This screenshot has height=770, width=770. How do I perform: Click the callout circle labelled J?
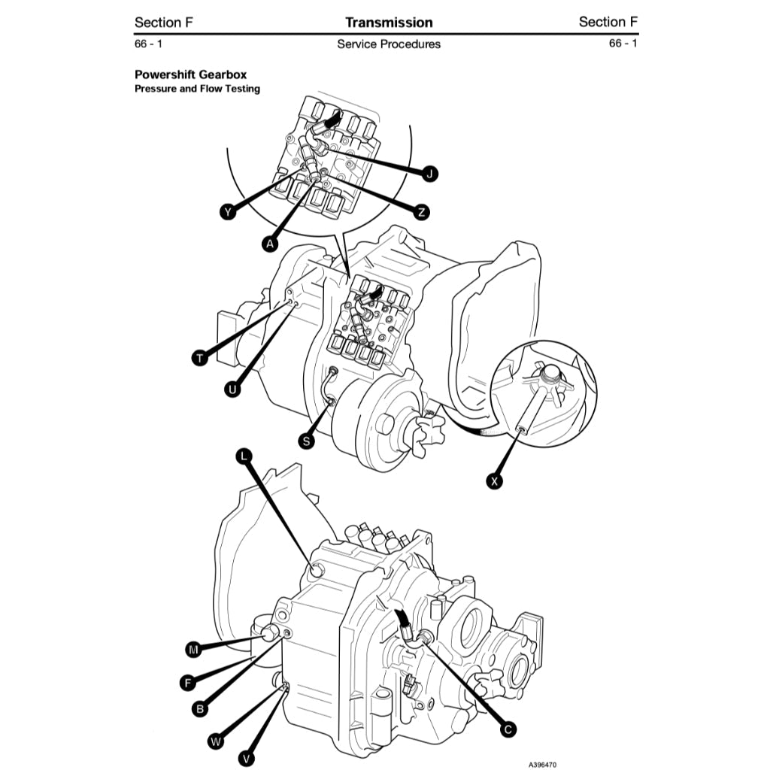429,174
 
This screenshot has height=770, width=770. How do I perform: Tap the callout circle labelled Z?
422,212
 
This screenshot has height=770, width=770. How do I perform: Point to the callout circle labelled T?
199,358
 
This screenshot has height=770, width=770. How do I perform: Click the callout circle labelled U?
233,389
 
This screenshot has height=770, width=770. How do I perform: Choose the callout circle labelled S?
306,441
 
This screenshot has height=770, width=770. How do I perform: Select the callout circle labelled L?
244,456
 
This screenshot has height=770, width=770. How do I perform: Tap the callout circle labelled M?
194,649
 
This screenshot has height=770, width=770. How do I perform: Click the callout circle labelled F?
188,683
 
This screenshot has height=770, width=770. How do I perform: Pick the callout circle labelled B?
200,708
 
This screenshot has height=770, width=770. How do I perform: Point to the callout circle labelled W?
216,742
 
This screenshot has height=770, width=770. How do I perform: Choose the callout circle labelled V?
246,759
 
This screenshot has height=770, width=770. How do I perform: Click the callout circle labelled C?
508,728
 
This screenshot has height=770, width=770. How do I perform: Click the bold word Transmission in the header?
389,23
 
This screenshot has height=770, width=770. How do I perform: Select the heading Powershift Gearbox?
190,74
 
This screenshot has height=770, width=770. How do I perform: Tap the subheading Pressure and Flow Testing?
197,89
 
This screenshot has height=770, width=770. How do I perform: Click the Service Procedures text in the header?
389,44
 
